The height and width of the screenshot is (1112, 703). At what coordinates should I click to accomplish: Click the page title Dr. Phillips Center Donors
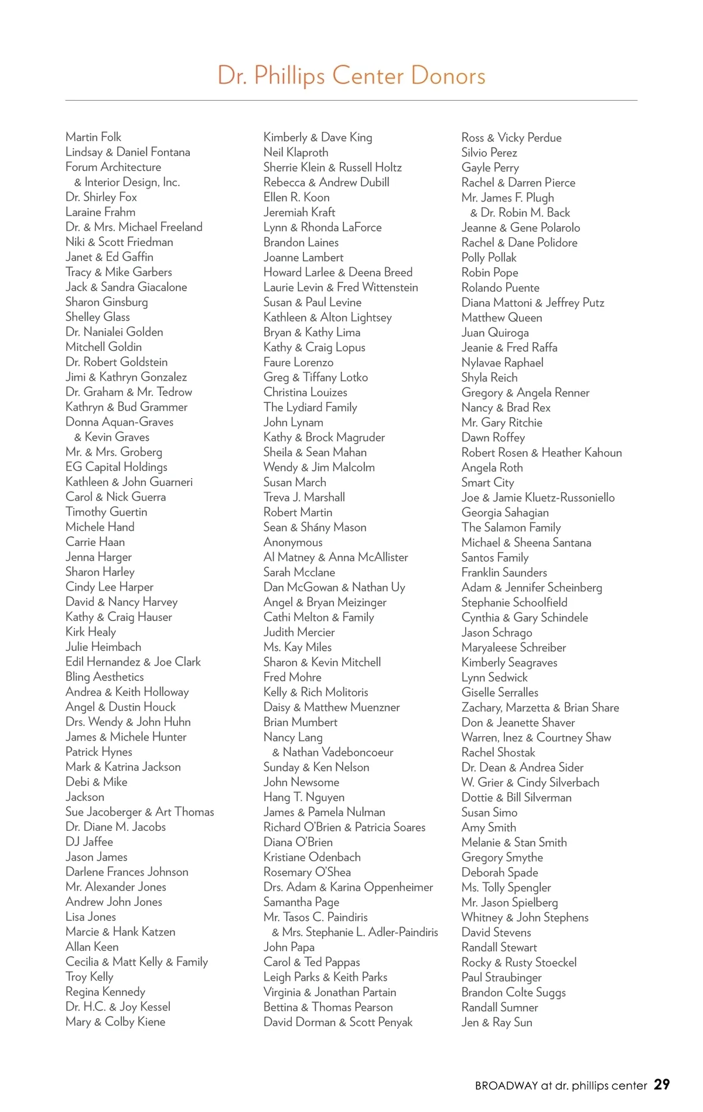click(x=351, y=76)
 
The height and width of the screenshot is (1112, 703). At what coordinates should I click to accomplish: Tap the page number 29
click(x=661, y=1084)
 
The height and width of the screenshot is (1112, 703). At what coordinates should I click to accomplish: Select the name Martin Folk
click(x=93, y=137)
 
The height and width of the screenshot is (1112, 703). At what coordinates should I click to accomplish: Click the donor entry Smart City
click(x=487, y=483)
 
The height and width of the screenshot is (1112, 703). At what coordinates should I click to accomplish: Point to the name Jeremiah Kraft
click(x=299, y=212)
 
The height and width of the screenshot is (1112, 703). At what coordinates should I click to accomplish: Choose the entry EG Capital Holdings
click(x=116, y=467)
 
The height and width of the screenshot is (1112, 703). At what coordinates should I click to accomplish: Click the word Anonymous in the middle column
click(x=293, y=543)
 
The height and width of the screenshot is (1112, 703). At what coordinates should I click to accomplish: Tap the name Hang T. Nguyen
click(x=304, y=797)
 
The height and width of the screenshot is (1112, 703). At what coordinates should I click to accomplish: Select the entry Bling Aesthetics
click(x=104, y=677)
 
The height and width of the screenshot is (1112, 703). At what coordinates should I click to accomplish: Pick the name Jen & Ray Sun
click(x=497, y=1022)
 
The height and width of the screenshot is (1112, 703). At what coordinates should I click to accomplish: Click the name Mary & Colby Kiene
click(x=115, y=1022)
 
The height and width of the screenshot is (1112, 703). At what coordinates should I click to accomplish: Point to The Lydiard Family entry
click(x=310, y=407)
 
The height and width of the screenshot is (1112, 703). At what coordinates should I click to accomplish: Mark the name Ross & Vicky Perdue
click(x=511, y=138)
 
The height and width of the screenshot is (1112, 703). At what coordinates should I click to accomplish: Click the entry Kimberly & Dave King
click(x=318, y=138)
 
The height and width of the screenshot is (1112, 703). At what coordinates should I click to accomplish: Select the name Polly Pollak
click(x=489, y=258)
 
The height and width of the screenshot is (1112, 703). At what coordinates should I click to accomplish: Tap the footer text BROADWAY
click(x=506, y=1086)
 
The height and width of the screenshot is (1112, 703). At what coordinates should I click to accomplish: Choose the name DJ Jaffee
click(x=89, y=842)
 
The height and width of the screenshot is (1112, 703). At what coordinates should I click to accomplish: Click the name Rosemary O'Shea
click(x=307, y=872)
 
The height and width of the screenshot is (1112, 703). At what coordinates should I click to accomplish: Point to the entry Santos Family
click(x=495, y=558)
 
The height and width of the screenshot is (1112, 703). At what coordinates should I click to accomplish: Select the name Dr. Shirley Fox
click(x=101, y=197)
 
